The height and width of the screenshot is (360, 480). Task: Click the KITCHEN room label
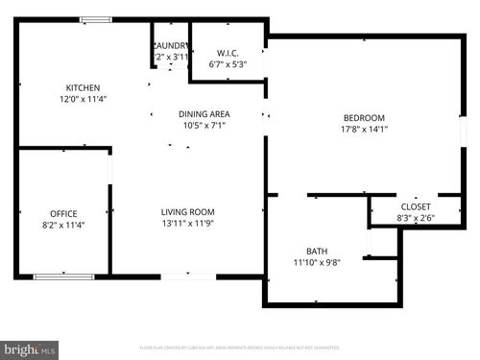tap(83, 87)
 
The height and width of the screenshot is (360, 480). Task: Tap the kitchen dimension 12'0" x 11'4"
tap(83, 99)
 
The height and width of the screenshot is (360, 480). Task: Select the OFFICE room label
tap(63, 213)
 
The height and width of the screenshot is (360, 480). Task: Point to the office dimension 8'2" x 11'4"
tap(63, 225)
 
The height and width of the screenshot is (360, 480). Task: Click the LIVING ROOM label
tap(187, 212)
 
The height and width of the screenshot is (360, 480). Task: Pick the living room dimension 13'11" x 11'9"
tap(187, 224)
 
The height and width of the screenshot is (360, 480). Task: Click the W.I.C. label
tap(228, 53)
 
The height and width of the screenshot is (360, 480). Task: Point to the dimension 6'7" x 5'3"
tap(228, 64)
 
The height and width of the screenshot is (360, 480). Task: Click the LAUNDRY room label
tap(171, 45)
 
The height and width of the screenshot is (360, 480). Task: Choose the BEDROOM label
tap(364, 118)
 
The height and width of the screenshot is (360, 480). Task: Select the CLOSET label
tap(415, 206)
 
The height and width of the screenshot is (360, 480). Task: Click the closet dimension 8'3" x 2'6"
tap(415, 218)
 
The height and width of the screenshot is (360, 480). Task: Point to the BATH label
tap(317, 252)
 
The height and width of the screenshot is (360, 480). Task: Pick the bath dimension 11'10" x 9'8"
tap(317, 263)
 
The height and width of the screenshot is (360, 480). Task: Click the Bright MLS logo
tap(30, 349)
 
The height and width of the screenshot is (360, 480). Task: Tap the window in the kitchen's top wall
tap(95, 19)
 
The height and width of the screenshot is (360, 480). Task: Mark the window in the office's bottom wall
tap(63, 276)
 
